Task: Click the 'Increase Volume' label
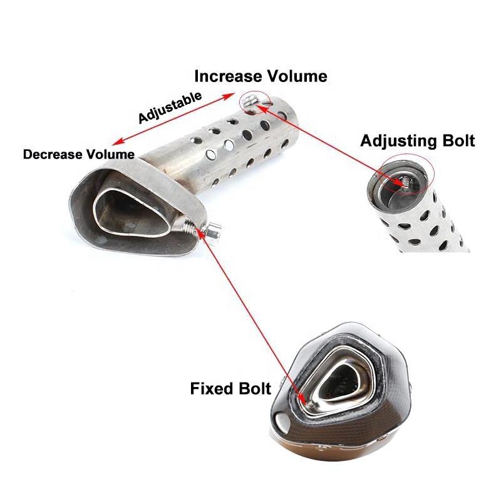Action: pos(261,76)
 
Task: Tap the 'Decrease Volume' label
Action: pos(78,154)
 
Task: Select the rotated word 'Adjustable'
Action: pos(170,107)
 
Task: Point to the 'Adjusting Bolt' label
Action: pos(417,140)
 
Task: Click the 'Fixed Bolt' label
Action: pos(230,389)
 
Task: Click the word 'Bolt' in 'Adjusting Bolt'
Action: pos(456,140)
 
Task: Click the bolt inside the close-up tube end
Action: pos(400,181)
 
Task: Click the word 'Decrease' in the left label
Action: pos(53,154)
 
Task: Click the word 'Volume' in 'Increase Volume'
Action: pos(299,76)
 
